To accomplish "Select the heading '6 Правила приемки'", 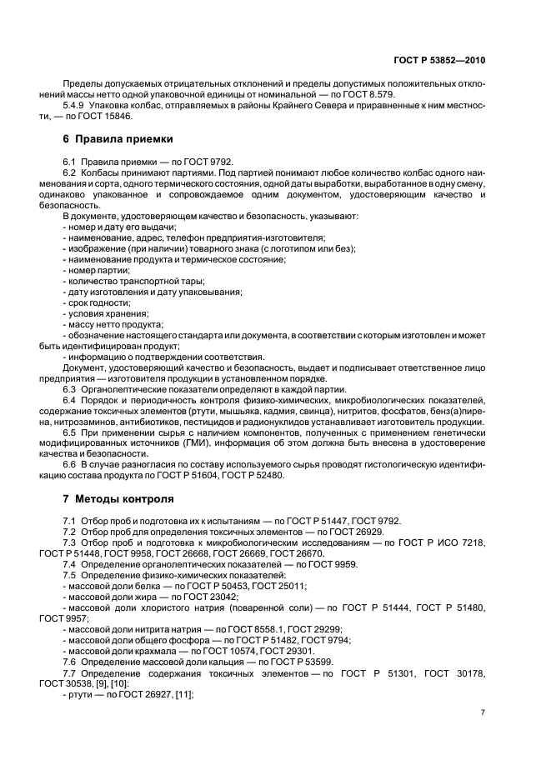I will point(117,138).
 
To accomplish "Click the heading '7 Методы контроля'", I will point(118,499).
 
